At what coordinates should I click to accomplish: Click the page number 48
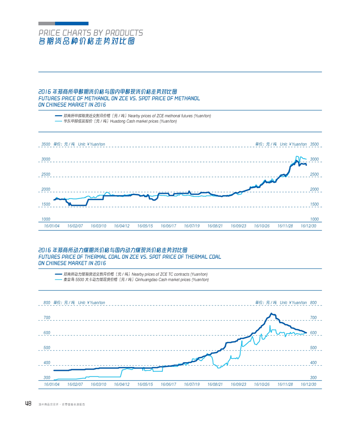coord(28,404)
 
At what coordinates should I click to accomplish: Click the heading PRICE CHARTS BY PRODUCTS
coord(90,33)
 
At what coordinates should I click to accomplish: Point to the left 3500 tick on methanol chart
coord(45,144)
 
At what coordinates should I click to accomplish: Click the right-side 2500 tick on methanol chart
coord(314,174)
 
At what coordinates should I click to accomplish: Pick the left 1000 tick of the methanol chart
coord(45,219)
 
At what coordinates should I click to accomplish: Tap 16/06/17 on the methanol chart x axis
coord(169,226)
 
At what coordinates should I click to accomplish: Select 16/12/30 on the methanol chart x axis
coord(308,226)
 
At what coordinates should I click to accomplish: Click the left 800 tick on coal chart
coord(47,302)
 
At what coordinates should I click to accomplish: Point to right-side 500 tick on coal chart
coord(313,348)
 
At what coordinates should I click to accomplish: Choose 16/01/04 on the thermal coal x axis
coord(52,384)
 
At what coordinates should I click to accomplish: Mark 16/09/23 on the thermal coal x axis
coord(238,384)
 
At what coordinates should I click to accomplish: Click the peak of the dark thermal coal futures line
coord(272,314)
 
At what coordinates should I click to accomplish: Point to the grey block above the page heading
coord(47,23)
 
